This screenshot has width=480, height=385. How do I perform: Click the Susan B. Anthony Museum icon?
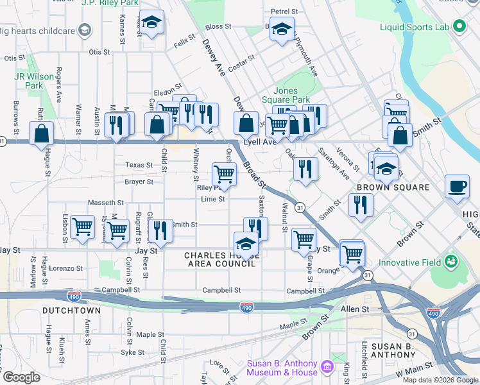[x=327, y=367]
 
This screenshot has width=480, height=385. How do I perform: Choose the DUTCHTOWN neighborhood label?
[x=71, y=311]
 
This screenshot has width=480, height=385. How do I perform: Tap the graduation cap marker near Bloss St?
[x=282, y=29]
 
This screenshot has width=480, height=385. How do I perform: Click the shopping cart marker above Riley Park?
[x=224, y=173]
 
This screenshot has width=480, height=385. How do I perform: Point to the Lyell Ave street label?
[x=259, y=142]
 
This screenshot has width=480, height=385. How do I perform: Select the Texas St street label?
[x=139, y=165]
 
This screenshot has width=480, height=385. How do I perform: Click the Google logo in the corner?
[x=21, y=377]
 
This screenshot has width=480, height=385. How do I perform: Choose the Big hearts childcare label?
[x=37, y=31]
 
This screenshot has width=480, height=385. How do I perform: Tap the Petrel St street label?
[x=284, y=12]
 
